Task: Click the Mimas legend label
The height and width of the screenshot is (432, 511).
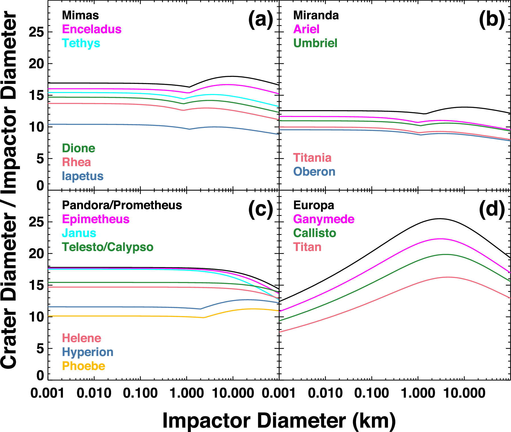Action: (x=80, y=15)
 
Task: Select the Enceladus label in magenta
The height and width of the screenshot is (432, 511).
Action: (x=92, y=29)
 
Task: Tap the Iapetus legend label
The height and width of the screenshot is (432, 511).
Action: (x=83, y=176)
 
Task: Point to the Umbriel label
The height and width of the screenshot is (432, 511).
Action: (x=315, y=43)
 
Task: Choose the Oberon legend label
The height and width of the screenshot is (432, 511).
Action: (x=314, y=172)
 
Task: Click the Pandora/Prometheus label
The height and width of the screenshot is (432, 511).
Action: (x=122, y=205)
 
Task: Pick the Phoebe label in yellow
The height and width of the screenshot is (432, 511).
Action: (x=84, y=366)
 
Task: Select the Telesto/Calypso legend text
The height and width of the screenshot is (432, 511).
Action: (x=108, y=247)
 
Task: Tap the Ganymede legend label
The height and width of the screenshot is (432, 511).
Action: (x=324, y=219)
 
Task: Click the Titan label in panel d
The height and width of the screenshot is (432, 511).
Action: (x=307, y=247)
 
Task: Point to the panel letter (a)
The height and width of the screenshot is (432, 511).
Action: (x=260, y=20)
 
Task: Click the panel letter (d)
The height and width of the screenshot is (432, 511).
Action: (x=492, y=210)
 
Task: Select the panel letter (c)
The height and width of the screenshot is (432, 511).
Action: (x=260, y=210)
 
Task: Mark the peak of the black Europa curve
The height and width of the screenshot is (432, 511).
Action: (x=439, y=219)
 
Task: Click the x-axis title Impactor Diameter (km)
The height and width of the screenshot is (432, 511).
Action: (x=279, y=421)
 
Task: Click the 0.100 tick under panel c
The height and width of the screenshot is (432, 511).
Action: (x=140, y=393)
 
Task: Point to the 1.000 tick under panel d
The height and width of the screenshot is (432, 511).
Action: (x=418, y=393)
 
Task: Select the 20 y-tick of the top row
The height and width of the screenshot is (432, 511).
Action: (x=36, y=64)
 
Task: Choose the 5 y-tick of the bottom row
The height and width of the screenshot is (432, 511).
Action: (x=40, y=349)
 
